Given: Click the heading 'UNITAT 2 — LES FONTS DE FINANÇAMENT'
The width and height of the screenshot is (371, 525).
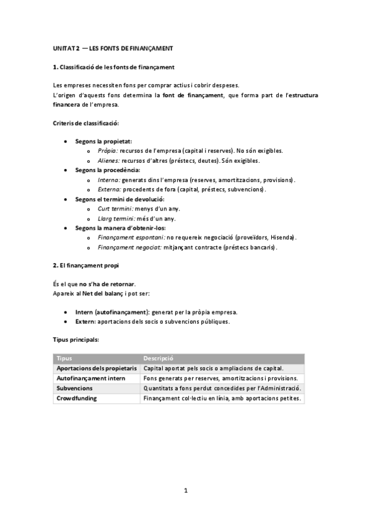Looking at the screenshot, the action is (x=112, y=48).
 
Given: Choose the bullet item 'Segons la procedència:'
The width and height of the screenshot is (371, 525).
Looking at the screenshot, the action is (x=107, y=170).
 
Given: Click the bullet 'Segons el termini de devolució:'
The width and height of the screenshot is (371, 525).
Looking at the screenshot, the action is (x=120, y=199).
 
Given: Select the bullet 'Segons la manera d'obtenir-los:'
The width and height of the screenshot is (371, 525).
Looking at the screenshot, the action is (x=119, y=227).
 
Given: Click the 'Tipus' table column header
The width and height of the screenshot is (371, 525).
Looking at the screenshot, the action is (x=64, y=358).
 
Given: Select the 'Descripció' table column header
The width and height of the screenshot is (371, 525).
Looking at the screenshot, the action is (x=158, y=358).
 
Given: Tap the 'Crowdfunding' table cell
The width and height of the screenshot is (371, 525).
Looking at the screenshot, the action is (x=77, y=398).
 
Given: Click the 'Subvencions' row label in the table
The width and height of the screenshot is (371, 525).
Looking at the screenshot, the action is (x=74, y=388).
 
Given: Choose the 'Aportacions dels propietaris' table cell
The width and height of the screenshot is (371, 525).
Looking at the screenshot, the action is (x=96, y=368).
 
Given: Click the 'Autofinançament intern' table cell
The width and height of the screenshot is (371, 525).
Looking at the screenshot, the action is (x=90, y=378).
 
